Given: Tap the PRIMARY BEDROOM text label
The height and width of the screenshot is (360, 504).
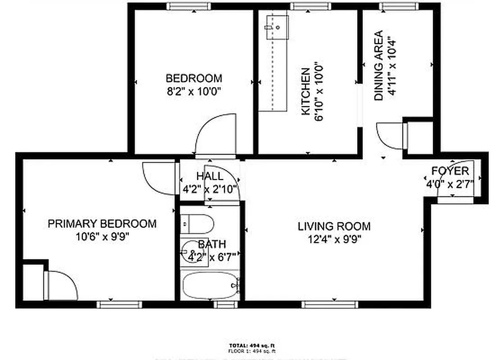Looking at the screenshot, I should (102, 224).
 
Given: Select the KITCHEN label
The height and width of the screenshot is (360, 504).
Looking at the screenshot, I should (306, 91).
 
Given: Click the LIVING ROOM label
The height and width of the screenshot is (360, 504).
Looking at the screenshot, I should (334, 226).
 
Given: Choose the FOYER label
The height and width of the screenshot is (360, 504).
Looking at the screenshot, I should (450, 171).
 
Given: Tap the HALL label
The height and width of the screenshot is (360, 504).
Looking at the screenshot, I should (209, 176).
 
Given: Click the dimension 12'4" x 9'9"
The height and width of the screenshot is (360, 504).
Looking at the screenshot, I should (334, 238).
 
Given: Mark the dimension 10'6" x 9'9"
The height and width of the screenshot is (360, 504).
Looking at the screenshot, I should (102, 236).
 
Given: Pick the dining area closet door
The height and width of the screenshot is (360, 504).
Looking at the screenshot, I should (391, 135).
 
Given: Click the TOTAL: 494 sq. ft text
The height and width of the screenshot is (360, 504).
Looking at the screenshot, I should (252, 345).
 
